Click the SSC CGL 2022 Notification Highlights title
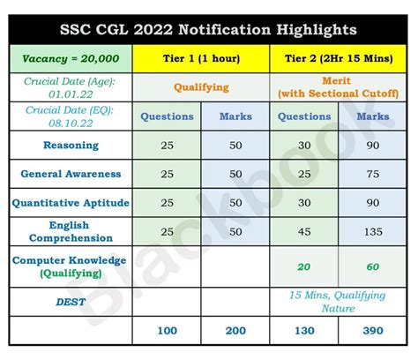tap(208, 29)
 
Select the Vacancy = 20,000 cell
tap(71, 59)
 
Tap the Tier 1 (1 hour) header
tap(200, 59)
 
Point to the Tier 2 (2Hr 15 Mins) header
tap(336, 59)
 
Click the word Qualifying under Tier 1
tap(200, 88)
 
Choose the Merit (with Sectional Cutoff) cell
tap(336, 87)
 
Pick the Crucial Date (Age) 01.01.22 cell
tap(71, 87)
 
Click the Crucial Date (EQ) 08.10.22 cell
tap(71, 116)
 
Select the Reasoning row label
tap(71, 145)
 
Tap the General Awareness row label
tap(71, 174)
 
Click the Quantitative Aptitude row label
tap(71, 203)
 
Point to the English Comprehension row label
tap(71, 231)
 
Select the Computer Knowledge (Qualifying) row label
tap(71, 266)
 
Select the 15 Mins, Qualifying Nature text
tap(336, 301)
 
